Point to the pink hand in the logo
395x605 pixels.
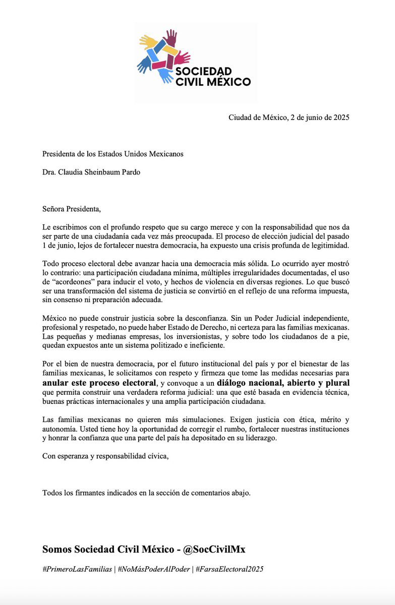pyautogui.click(x=182, y=57)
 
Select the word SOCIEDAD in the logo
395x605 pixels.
pyautogui.click(x=205, y=71)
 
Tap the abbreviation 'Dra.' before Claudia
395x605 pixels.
pyautogui.click(x=49, y=172)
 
